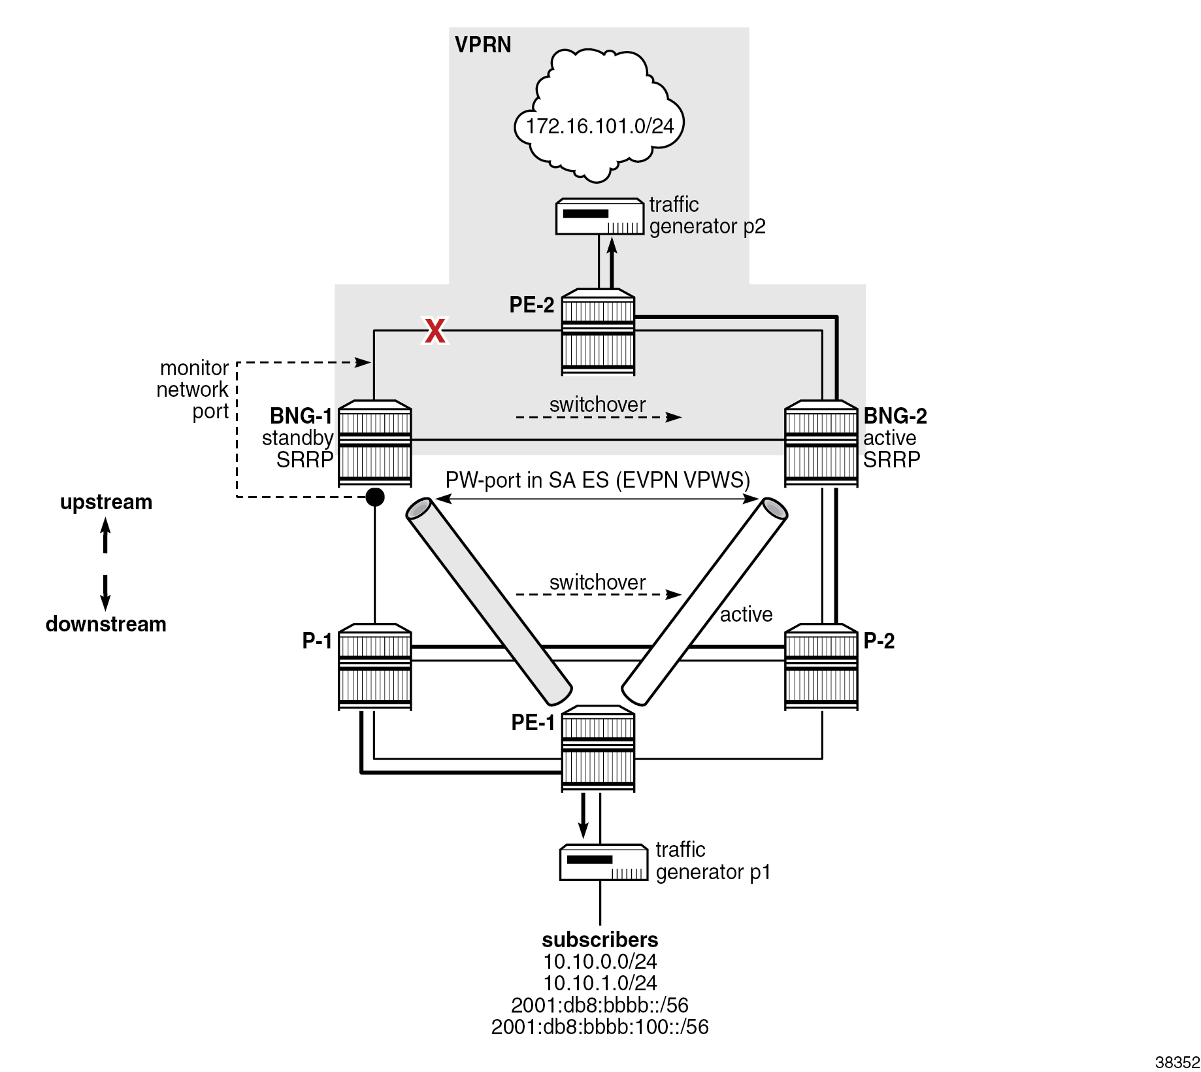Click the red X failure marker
(435, 331)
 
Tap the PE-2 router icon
(598, 332)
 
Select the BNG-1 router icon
(374, 443)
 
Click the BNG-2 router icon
(821, 443)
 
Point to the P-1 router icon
(374, 666)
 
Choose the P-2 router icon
(821, 666)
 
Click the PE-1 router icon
(598, 748)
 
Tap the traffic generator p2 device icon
(599, 216)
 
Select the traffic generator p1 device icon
(604, 863)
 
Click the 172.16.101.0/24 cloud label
(599, 126)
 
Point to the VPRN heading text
(483, 45)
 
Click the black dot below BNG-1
(374, 497)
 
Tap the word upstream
(106, 502)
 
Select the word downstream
(106, 624)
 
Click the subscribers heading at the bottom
(600, 940)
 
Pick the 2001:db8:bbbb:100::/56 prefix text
(600, 1027)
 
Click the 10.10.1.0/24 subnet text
(600, 983)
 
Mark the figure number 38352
(1177, 1062)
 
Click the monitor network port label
(193, 390)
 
